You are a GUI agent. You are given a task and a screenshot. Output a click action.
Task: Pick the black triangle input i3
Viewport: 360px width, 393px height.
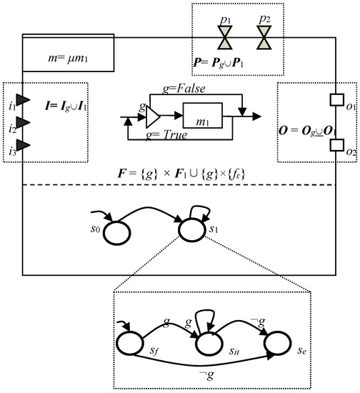click(x=23, y=146)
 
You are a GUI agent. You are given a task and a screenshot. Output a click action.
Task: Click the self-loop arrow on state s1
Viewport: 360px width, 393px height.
click(x=202, y=209)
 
